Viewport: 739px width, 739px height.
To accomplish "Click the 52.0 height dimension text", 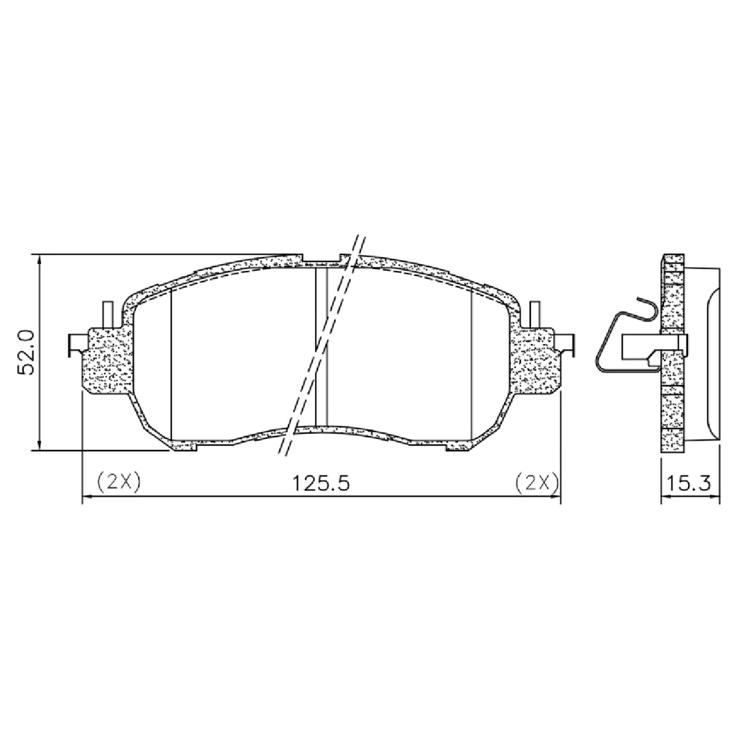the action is tap(26, 352).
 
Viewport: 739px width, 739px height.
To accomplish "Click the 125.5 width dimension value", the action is tap(321, 483).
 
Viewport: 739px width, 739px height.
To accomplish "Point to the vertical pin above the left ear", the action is tap(107, 315).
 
